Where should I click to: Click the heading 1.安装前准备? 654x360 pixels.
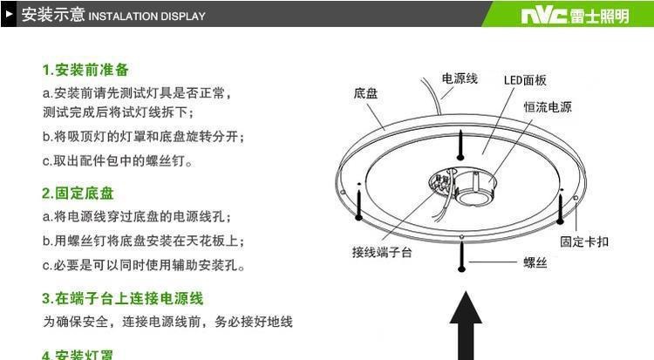pos(85,70)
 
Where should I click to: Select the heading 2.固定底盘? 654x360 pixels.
pos(78,194)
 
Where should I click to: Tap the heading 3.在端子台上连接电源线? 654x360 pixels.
pos(123,298)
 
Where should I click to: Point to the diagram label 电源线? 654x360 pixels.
pos(460,78)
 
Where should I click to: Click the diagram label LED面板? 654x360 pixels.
pos(525,80)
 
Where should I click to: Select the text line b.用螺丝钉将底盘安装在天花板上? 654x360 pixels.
pos(144,241)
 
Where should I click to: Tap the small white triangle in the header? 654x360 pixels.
pos(9,15)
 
